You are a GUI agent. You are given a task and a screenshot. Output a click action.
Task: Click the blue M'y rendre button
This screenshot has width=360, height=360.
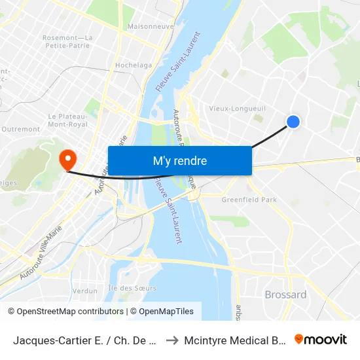pyautogui.click(x=179, y=160)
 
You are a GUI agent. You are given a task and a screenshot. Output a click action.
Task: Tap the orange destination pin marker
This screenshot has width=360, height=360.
pyautogui.click(x=67, y=159)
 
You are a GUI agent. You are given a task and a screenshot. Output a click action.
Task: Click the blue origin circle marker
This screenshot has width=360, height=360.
pyautogui.click(x=293, y=121)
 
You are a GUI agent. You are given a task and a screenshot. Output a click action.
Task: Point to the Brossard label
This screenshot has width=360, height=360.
pyautogui.click(x=285, y=295)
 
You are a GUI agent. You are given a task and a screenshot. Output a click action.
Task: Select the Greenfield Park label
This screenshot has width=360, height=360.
pyautogui.click(x=249, y=199)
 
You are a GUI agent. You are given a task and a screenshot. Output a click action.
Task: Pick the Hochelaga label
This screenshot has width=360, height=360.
pyautogui.click(x=133, y=65)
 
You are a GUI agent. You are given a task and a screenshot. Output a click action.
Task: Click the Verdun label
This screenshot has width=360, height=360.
pyautogui.click(x=84, y=291)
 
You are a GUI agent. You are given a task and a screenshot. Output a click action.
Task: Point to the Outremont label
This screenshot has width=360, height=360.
pyautogui.click(x=21, y=129)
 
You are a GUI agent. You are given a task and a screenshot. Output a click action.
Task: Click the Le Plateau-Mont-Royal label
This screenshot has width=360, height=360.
pyautogui.click(x=67, y=120)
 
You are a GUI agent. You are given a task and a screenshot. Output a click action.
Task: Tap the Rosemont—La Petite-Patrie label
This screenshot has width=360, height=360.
pyautogui.click(x=67, y=41)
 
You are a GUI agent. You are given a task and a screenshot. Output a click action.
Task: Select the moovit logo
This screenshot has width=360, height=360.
pyautogui.click(x=321, y=339)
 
